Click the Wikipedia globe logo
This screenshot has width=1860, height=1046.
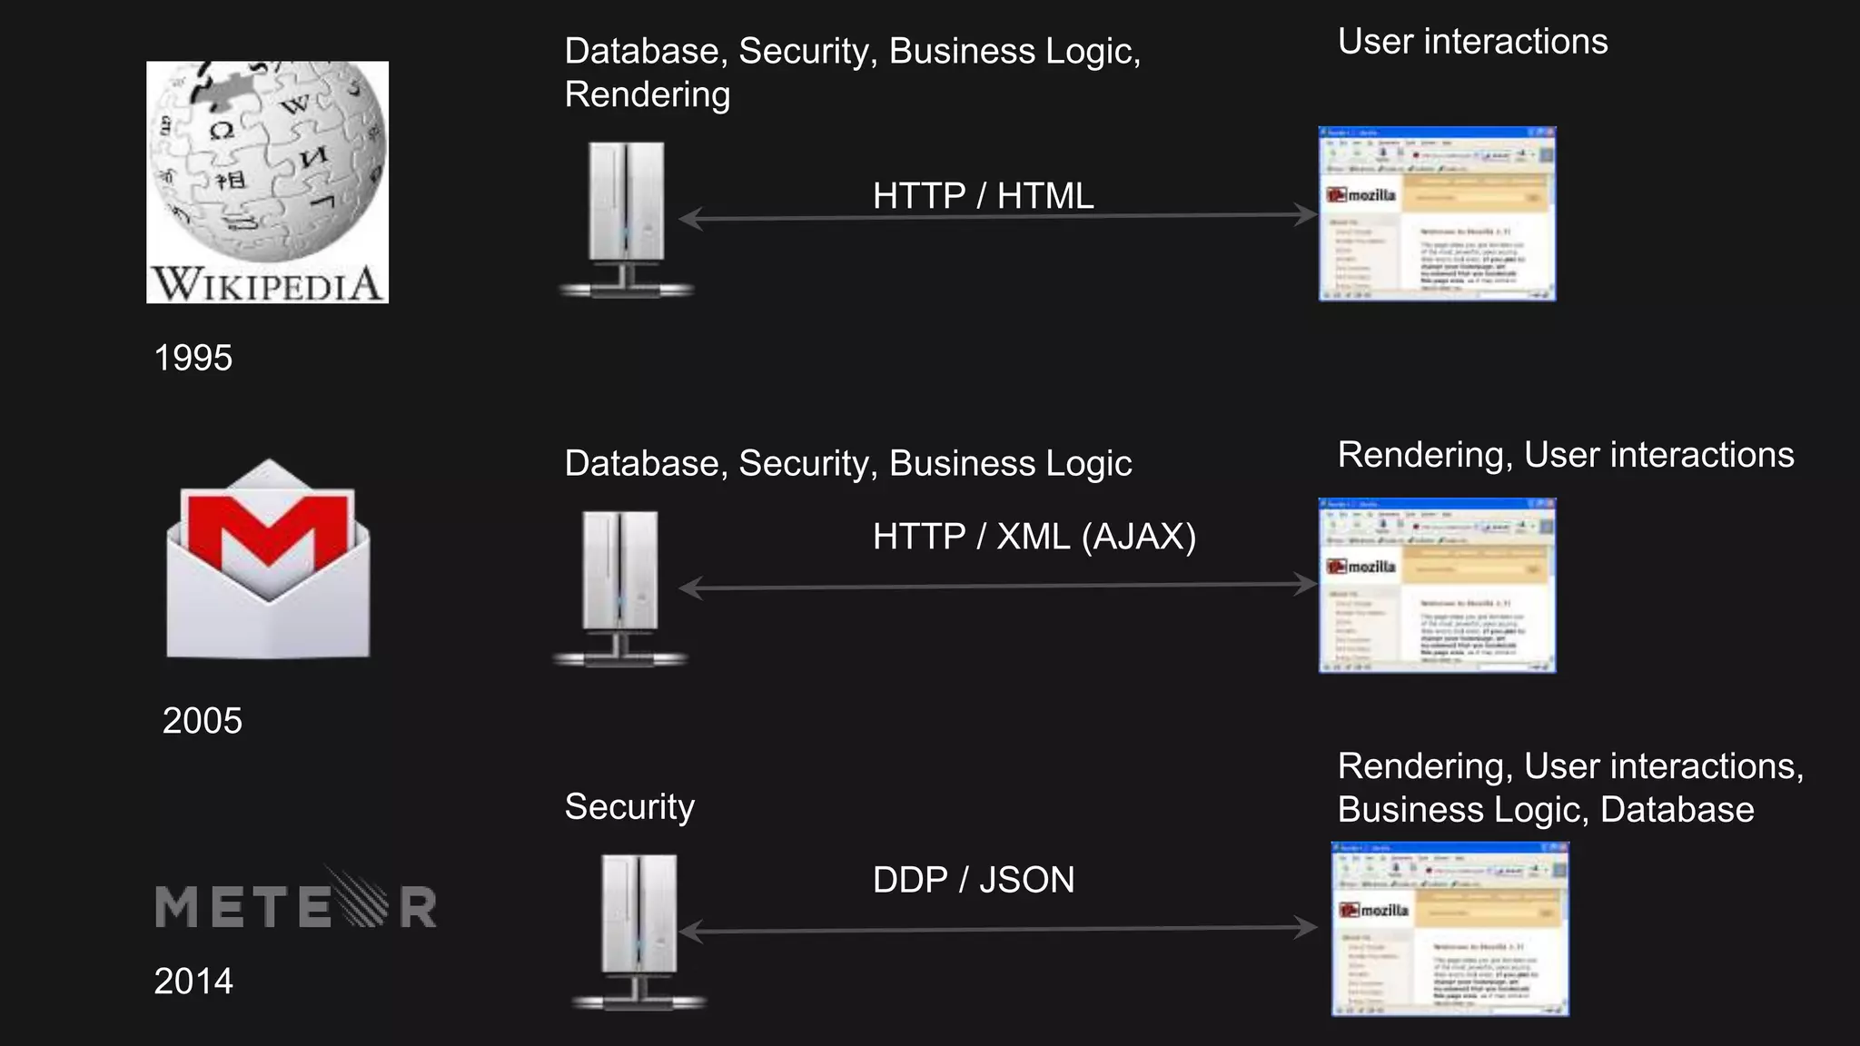point(267,182)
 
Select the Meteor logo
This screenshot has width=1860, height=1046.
point(296,903)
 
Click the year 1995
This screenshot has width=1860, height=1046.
point(193,358)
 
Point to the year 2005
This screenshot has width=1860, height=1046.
point(203,721)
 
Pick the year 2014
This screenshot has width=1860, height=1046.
point(193,982)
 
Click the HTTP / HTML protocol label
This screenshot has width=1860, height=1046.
point(983,196)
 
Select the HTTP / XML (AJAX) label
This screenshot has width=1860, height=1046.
point(1034,537)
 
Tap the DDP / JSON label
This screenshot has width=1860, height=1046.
point(974,880)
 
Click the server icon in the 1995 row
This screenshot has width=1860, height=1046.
point(627,218)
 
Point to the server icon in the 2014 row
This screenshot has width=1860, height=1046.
point(639,931)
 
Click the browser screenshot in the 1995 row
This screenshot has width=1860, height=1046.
point(1437,214)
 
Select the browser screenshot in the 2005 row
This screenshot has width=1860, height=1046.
point(1437,586)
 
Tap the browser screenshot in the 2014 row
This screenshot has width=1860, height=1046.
point(1449,929)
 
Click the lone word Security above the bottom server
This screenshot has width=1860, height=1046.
point(629,807)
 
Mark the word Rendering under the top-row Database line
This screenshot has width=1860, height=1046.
point(648,95)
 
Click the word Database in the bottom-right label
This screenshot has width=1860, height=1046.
point(1677,810)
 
